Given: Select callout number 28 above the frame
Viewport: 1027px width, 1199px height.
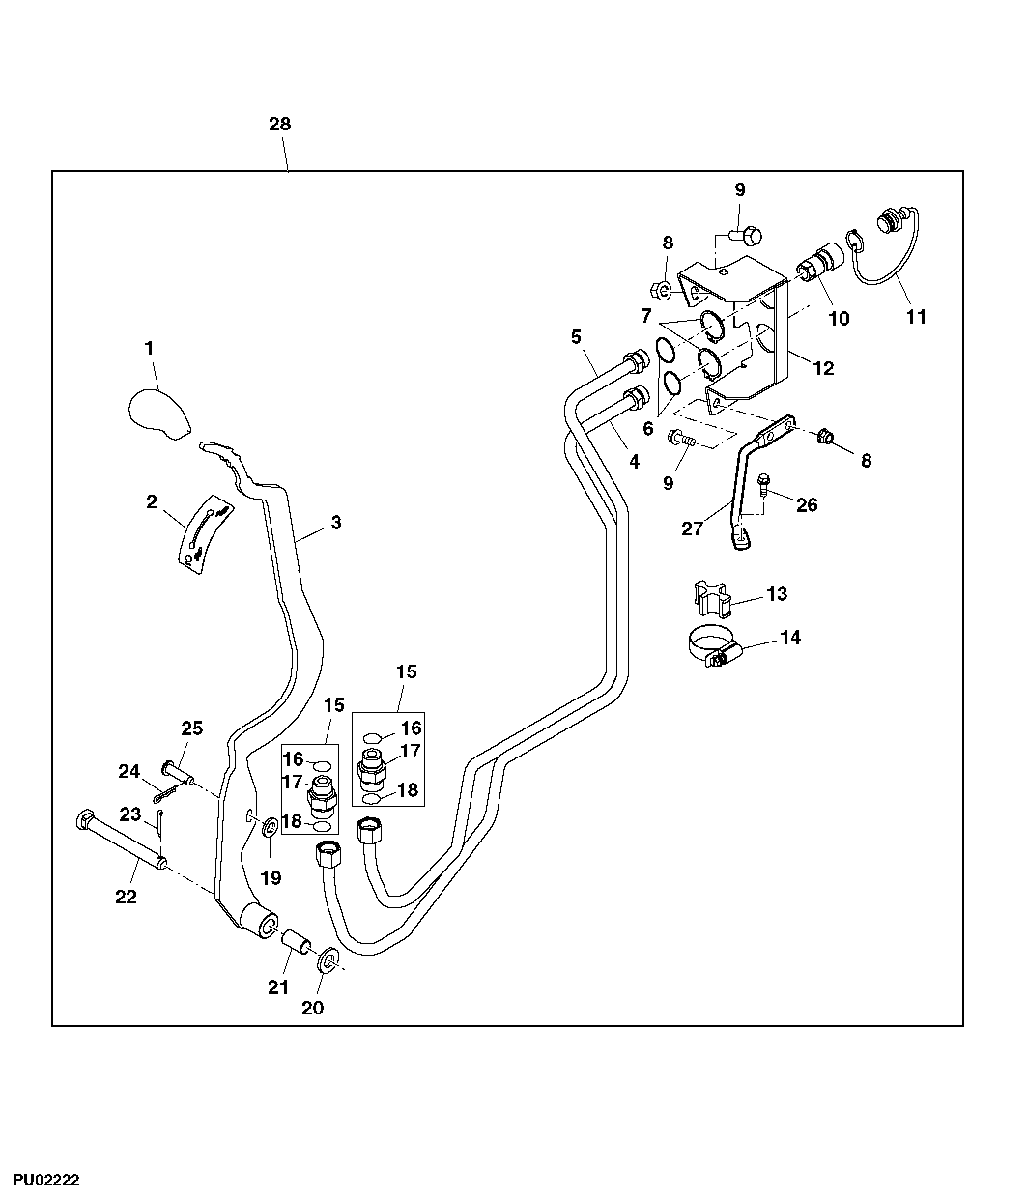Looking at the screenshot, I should click(x=279, y=125).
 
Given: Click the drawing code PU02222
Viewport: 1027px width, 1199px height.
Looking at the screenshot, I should click(x=45, y=1180).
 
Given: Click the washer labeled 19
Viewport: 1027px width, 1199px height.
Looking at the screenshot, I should click(x=270, y=824).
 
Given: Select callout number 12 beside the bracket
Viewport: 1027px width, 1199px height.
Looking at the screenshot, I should click(x=823, y=368).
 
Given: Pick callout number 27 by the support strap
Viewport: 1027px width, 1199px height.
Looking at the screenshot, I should click(x=692, y=529).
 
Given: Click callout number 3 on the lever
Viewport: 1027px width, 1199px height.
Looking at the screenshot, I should click(x=335, y=523).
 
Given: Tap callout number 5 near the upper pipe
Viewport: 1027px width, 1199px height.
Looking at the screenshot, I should click(x=576, y=337).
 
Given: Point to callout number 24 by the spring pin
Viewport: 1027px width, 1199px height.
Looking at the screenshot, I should click(x=129, y=771).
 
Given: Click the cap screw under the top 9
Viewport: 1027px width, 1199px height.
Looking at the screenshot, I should click(x=747, y=234).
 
